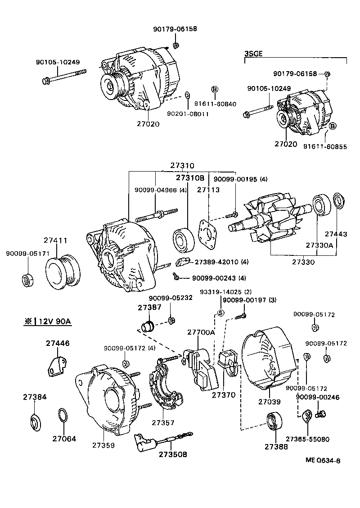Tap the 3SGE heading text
point(253,54)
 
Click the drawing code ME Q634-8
point(323,460)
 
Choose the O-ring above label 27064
point(63,416)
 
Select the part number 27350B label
point(172,454)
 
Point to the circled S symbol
point(221,313)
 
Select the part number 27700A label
point(201,332)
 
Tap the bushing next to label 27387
point(147,325)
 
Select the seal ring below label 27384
point(35,422)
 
